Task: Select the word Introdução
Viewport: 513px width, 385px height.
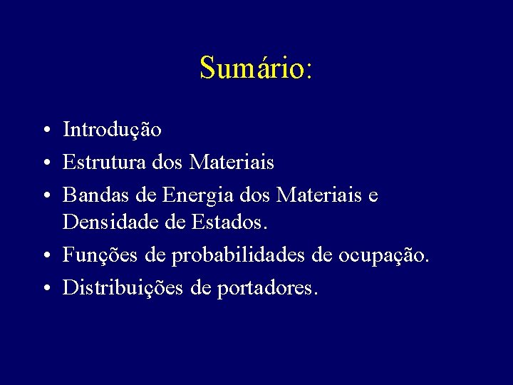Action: (112, 130)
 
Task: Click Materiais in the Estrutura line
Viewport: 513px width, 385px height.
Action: (232, 163)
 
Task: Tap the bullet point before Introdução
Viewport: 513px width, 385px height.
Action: (45, 131)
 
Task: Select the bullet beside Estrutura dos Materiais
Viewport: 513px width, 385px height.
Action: (45, 163)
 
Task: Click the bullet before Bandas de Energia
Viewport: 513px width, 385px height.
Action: (45, 195)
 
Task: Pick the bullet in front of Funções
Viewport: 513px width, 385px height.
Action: (45, 256)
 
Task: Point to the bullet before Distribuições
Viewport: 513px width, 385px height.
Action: (45, 288)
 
